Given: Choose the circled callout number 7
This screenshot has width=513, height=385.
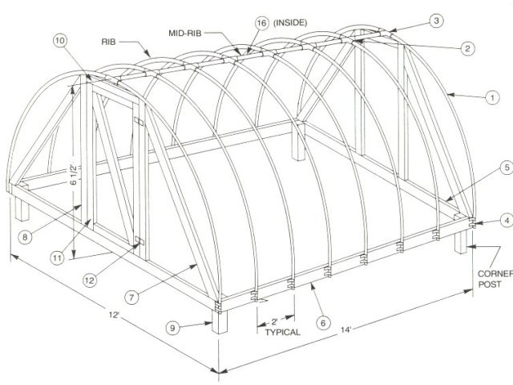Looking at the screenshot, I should click(x=132, y=295).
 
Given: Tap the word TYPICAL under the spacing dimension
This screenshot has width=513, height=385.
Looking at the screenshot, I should click(x=280, y=331).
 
